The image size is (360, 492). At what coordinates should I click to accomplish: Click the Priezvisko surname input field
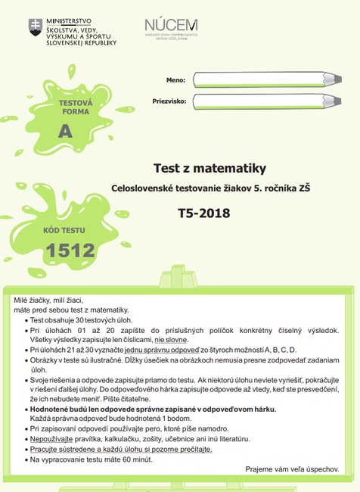(x=257, y=101)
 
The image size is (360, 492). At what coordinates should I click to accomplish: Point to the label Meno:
(x=175, y=79)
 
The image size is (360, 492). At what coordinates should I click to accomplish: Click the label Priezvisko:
(x=169, y=101)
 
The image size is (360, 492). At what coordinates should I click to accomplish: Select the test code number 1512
(x=70, y=249)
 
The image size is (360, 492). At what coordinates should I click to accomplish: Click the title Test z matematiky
(x=200, y=167)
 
